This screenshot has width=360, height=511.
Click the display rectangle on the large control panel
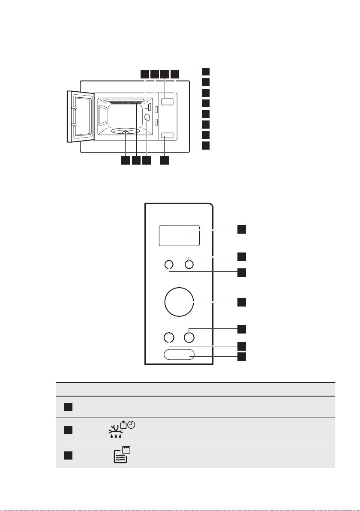pyautogui.click(x=179, y=235)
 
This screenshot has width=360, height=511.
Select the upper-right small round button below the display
pyautogui.click(x=189, y=265)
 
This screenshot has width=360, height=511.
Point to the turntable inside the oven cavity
pyautogui.click(x=125, y=132)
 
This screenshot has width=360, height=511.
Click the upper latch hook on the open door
pyautogui.click(x=74, y=108)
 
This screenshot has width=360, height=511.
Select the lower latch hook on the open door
pyautogui.click(x=74, y=125)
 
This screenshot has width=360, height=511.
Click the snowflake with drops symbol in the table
pyautogui.click(x=114, y=432)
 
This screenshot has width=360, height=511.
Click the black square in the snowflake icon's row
pyautogui.click(x=69, y=430)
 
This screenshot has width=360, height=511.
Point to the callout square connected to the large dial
pyautogui.click(x=242, y=302)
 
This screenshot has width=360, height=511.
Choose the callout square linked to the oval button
pyautogui.click(x=242, y=357)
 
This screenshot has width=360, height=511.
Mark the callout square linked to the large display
pyautogui.click(x=242, y=229)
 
